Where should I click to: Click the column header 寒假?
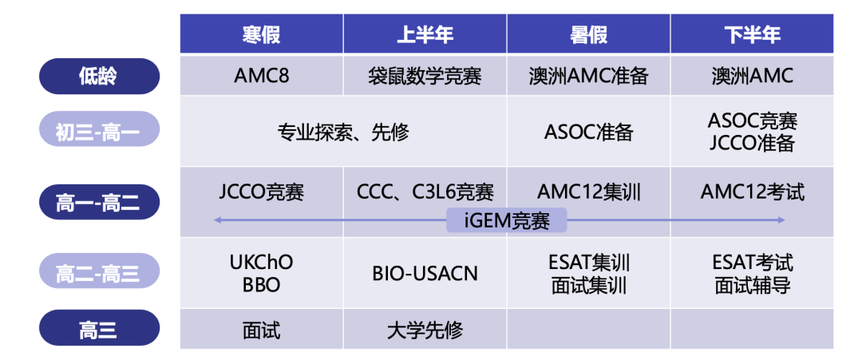pos(261,34)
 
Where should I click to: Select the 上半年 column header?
pos(425,34)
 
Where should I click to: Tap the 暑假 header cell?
pos(588,34)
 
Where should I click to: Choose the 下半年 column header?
pos(752,34)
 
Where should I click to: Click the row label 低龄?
pos(99,77)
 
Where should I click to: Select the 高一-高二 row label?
pos(99,201)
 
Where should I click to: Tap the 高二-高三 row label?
pos(99,273)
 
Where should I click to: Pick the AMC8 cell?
pos(261,76)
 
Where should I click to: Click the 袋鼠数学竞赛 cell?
pos(425,76)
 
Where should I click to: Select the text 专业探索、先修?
pos(343,132)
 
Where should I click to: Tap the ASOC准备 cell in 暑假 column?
pos(588,132)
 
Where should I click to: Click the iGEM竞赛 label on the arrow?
pos(507,220)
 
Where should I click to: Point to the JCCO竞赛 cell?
pos(261,192)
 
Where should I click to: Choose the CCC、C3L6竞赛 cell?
pos(425,192)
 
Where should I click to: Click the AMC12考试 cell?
pos(752,192)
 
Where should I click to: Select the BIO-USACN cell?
pos(425,273)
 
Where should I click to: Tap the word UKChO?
pos(261,262)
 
